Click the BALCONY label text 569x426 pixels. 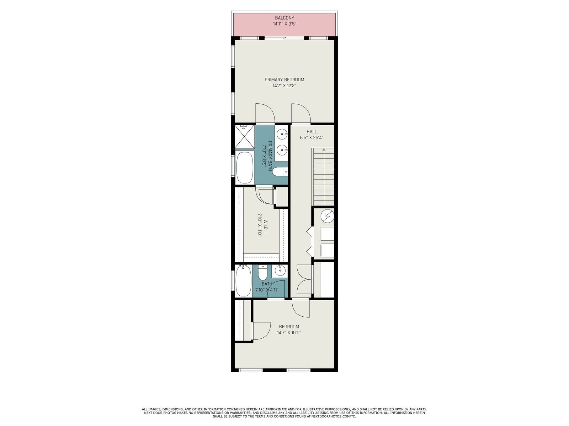(x=284, y=18)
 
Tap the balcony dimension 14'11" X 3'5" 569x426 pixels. (x=284, y=24)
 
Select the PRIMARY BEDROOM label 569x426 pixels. (x=284, y=80)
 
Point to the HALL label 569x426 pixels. (x=312, y=132)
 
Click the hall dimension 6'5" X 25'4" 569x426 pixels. (x=312, y=138)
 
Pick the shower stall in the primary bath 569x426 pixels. (x=244, y=137)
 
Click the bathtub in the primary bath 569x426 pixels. (x=244, y=168)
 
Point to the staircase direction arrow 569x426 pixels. (x=324, y=149)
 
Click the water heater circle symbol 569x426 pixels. (x=327, y=216)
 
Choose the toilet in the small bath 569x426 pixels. (x=262, y=273)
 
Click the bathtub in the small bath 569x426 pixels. (x=243, y=281)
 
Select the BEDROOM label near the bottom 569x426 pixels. (x=289, y=327)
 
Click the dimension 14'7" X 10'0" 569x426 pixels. (x=289, y=333)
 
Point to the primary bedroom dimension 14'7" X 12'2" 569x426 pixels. (x=284, y=86)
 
